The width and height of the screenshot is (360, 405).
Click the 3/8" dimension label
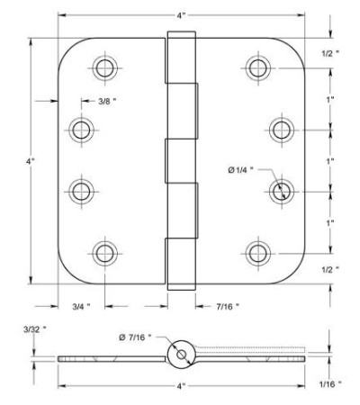tap(107, 101)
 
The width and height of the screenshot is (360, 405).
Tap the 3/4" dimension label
tap(81, 306)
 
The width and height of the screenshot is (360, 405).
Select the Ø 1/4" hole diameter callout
tap(240, 170)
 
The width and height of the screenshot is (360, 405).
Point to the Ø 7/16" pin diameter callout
tap(135, 337)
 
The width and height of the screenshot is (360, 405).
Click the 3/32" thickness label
tap(35, 329)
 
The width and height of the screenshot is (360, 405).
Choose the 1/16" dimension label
tap(330, 383)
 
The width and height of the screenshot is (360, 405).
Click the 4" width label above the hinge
tap(180, 15)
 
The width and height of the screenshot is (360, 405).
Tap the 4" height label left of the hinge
tap(31, 161)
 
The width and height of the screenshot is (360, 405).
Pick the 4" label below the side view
tap(180, 386)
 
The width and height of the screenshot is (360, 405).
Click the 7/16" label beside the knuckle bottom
tap(228, 306)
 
